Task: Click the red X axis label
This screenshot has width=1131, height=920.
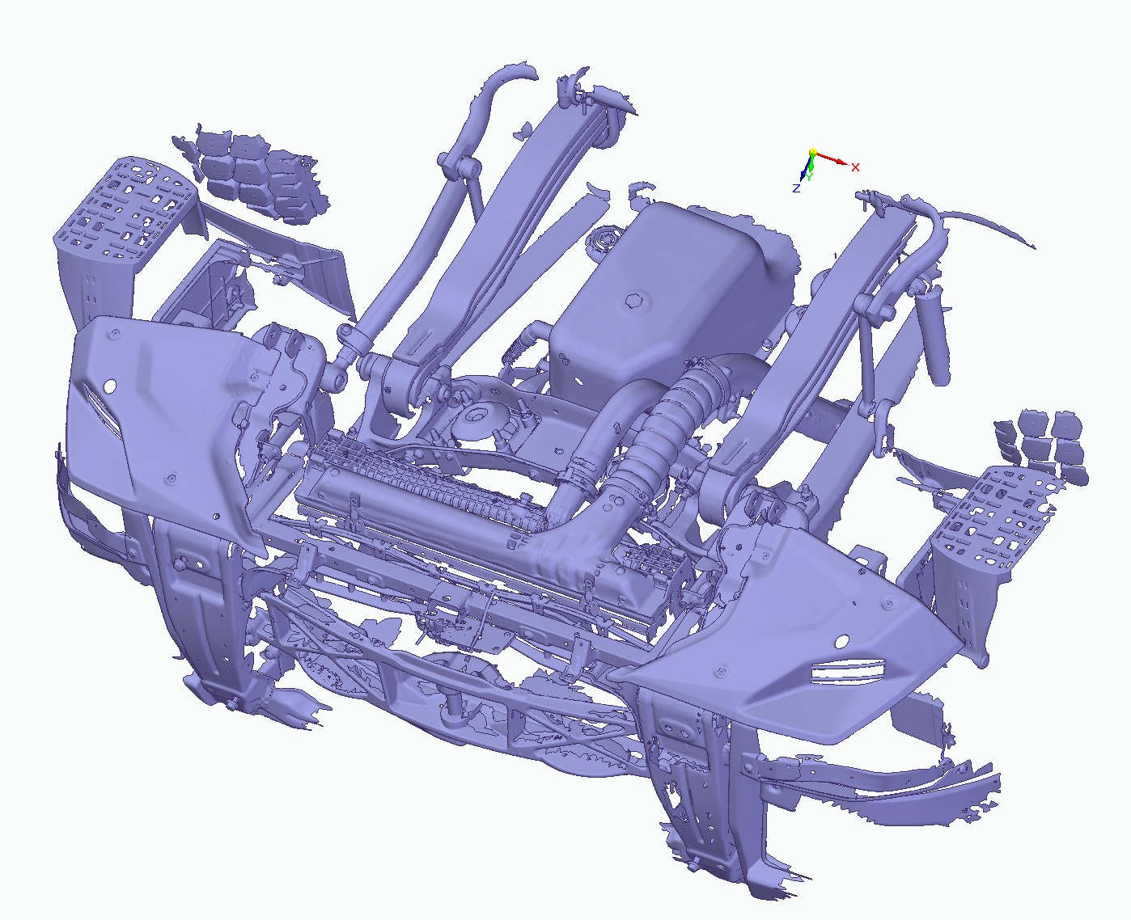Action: click(x=855, y=167)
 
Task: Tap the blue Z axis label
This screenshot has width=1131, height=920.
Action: click(x=796, y=188)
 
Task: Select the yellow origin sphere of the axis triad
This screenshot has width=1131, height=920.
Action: click(x=812, y=153)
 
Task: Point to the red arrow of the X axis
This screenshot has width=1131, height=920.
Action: click(x=832, y=158)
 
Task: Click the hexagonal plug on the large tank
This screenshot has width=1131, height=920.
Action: click(x=633, y=301)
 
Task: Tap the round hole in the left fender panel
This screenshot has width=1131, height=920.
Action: click(x=110, y=386)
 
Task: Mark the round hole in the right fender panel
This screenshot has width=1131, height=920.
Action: click(x=841, y=643)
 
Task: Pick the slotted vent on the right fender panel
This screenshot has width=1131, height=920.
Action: click(x=848, y=670)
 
